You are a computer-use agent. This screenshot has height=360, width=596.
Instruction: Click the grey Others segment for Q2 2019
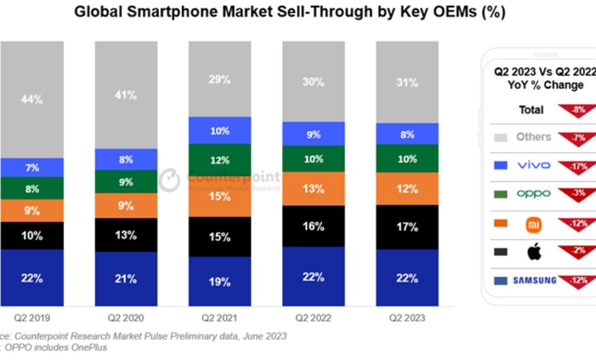[x=31, y=99]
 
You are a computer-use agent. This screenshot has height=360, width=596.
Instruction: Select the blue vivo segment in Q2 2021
[x=220, y=130]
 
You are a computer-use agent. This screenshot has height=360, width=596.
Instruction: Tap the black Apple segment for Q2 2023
[x=407, y=227]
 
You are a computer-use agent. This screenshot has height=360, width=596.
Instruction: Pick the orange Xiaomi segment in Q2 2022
[x=313, y=188]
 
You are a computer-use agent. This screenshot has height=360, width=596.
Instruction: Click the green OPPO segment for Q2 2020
[x=126, y=181]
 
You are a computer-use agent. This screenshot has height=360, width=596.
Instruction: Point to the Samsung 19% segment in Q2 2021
[x=220, y=281]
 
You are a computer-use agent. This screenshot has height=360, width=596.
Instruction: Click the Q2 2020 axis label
[x=126, y=317]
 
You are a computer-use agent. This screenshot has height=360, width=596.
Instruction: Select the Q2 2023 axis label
[x=407, y=317]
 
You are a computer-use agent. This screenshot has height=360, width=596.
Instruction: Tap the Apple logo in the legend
[x=534, y=252]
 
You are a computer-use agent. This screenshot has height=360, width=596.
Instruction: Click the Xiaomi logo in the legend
[x=534, y=224]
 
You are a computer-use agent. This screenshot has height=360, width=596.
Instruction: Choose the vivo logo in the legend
[x=534, y=165]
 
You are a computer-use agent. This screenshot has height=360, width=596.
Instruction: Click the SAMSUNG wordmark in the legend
[x=534, y=280]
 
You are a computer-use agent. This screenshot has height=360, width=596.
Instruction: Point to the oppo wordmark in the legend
[x=534, y=193]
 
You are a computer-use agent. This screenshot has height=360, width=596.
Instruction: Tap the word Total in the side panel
[x=531, y=110]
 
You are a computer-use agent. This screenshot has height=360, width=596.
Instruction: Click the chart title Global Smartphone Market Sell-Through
[x=290, y=12]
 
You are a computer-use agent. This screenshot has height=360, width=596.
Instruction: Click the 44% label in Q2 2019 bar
[x=31, y=99]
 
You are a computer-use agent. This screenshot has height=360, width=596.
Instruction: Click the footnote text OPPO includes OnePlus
[x=55, y=347]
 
